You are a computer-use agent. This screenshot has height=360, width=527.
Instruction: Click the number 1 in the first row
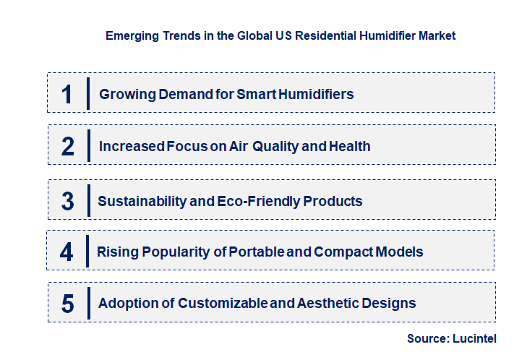[67, 94]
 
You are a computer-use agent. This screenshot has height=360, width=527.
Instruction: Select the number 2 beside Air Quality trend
[68, 147]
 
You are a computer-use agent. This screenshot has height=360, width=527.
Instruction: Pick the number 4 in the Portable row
[67, 252]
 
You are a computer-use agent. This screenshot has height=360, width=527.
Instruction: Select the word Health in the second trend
[350, 147]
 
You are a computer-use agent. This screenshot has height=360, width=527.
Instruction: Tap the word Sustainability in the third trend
[141, 201]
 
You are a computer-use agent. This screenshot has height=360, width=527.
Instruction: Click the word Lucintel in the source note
[474, 338]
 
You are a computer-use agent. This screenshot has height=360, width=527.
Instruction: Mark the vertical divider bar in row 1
[87, 93]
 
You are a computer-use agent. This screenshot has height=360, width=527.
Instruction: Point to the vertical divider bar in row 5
[87, 302]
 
